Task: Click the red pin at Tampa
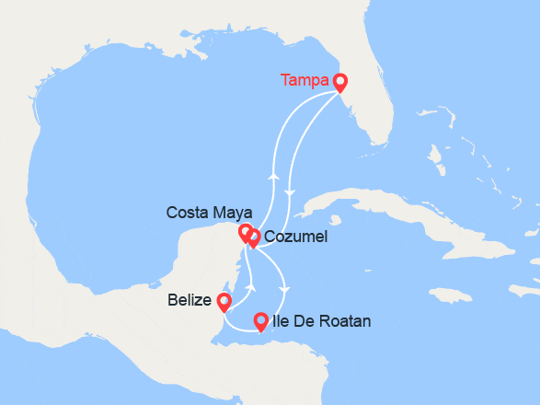point(339,82)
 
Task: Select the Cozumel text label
point(295,237)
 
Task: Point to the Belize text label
point(187,300)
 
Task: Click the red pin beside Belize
point(224,301)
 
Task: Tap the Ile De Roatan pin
point(260,321)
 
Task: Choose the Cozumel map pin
point(254,238)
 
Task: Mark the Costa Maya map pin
point(245,233)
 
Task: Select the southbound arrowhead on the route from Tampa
point(290,193)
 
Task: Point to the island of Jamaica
point(448,296)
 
